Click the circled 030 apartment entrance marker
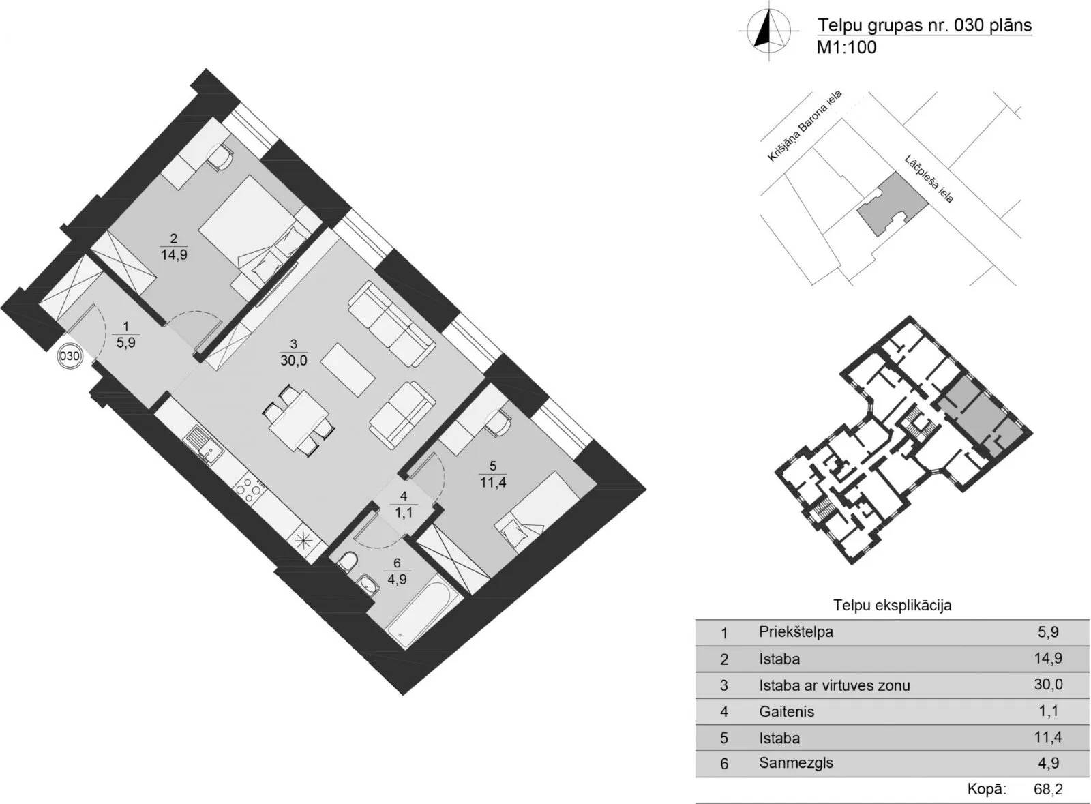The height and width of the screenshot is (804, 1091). click(x=70, y=357)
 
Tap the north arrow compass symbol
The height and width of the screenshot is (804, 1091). click(x=769, y=31)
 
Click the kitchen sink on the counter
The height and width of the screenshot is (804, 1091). click(x=203, y=444)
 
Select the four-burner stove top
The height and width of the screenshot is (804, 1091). click(x=250, y=490)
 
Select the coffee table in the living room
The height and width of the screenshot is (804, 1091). click(x=348, y=370)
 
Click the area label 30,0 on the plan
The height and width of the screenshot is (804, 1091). click(x=294, y=361)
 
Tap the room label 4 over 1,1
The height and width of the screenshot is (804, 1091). click(x=404, y=505)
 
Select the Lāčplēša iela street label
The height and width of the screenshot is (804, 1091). click(x=929, y=179)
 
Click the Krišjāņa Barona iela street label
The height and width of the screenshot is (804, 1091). click(x=805, y=125)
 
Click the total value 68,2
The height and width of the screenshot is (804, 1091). click(x=1048, y=788)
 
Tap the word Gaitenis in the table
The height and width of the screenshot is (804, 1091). click(x=786, y=711)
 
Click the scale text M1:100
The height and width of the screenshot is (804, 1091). click(x=846, y=47)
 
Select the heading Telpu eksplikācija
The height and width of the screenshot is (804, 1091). click(x=893, y=606)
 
